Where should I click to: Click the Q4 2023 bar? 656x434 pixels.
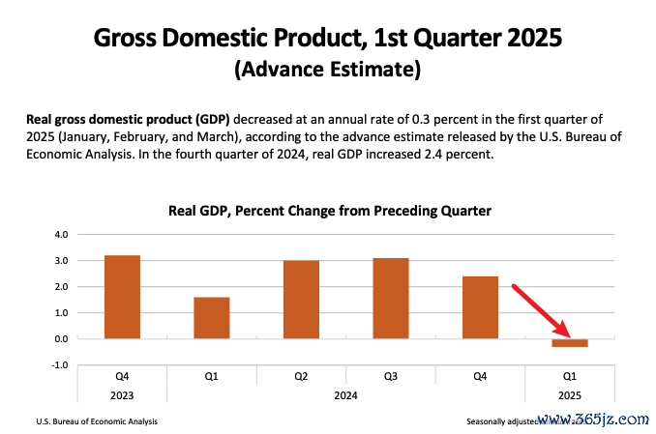(x=122, y=297)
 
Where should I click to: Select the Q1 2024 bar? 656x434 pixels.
(x=212, y=318)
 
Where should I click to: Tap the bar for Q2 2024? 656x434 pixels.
(x=301, y=300)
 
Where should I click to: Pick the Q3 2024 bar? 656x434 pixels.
(x=391, y=299)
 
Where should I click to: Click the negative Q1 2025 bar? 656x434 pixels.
(x=570, y=343)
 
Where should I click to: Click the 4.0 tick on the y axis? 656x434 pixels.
(x=60, y=234)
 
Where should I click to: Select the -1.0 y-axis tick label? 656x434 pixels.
(x=59, y=365)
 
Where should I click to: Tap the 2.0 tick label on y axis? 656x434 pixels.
(x=60, y=287)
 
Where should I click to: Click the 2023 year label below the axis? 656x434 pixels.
(x=122, y=395)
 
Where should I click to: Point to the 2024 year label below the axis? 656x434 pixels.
(x=345, y=395)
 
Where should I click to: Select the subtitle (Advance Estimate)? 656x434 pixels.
(x=328, y=71)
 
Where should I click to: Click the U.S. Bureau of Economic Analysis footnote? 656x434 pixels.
(x=97, y=421)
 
